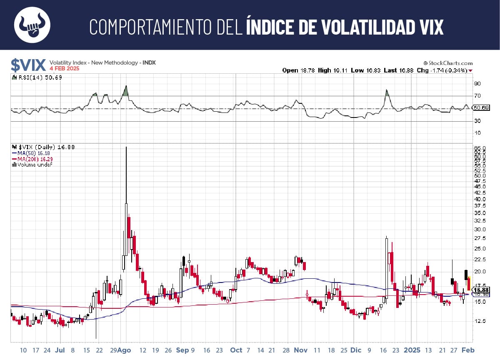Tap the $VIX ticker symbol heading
tap(28, 65)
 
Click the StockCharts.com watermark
tap(448, 62)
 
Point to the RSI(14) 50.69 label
tap(38, 77)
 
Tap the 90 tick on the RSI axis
tap(477, 84)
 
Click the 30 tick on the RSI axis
tap(477, 121)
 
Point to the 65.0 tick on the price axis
tap(480, 148)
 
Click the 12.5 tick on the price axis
tap(480, 321)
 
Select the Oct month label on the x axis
tap(236, 350)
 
